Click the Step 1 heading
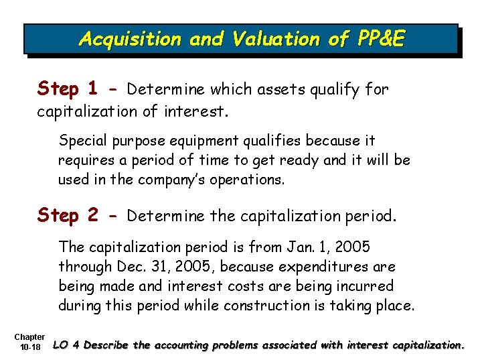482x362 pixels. [x=68, y=88]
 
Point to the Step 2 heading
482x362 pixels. [x=68, y=215]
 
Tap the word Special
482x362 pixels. [x=81, y=141]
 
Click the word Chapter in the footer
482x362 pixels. [x=29, y=337]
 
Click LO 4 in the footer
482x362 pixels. [x=68, y=346]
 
